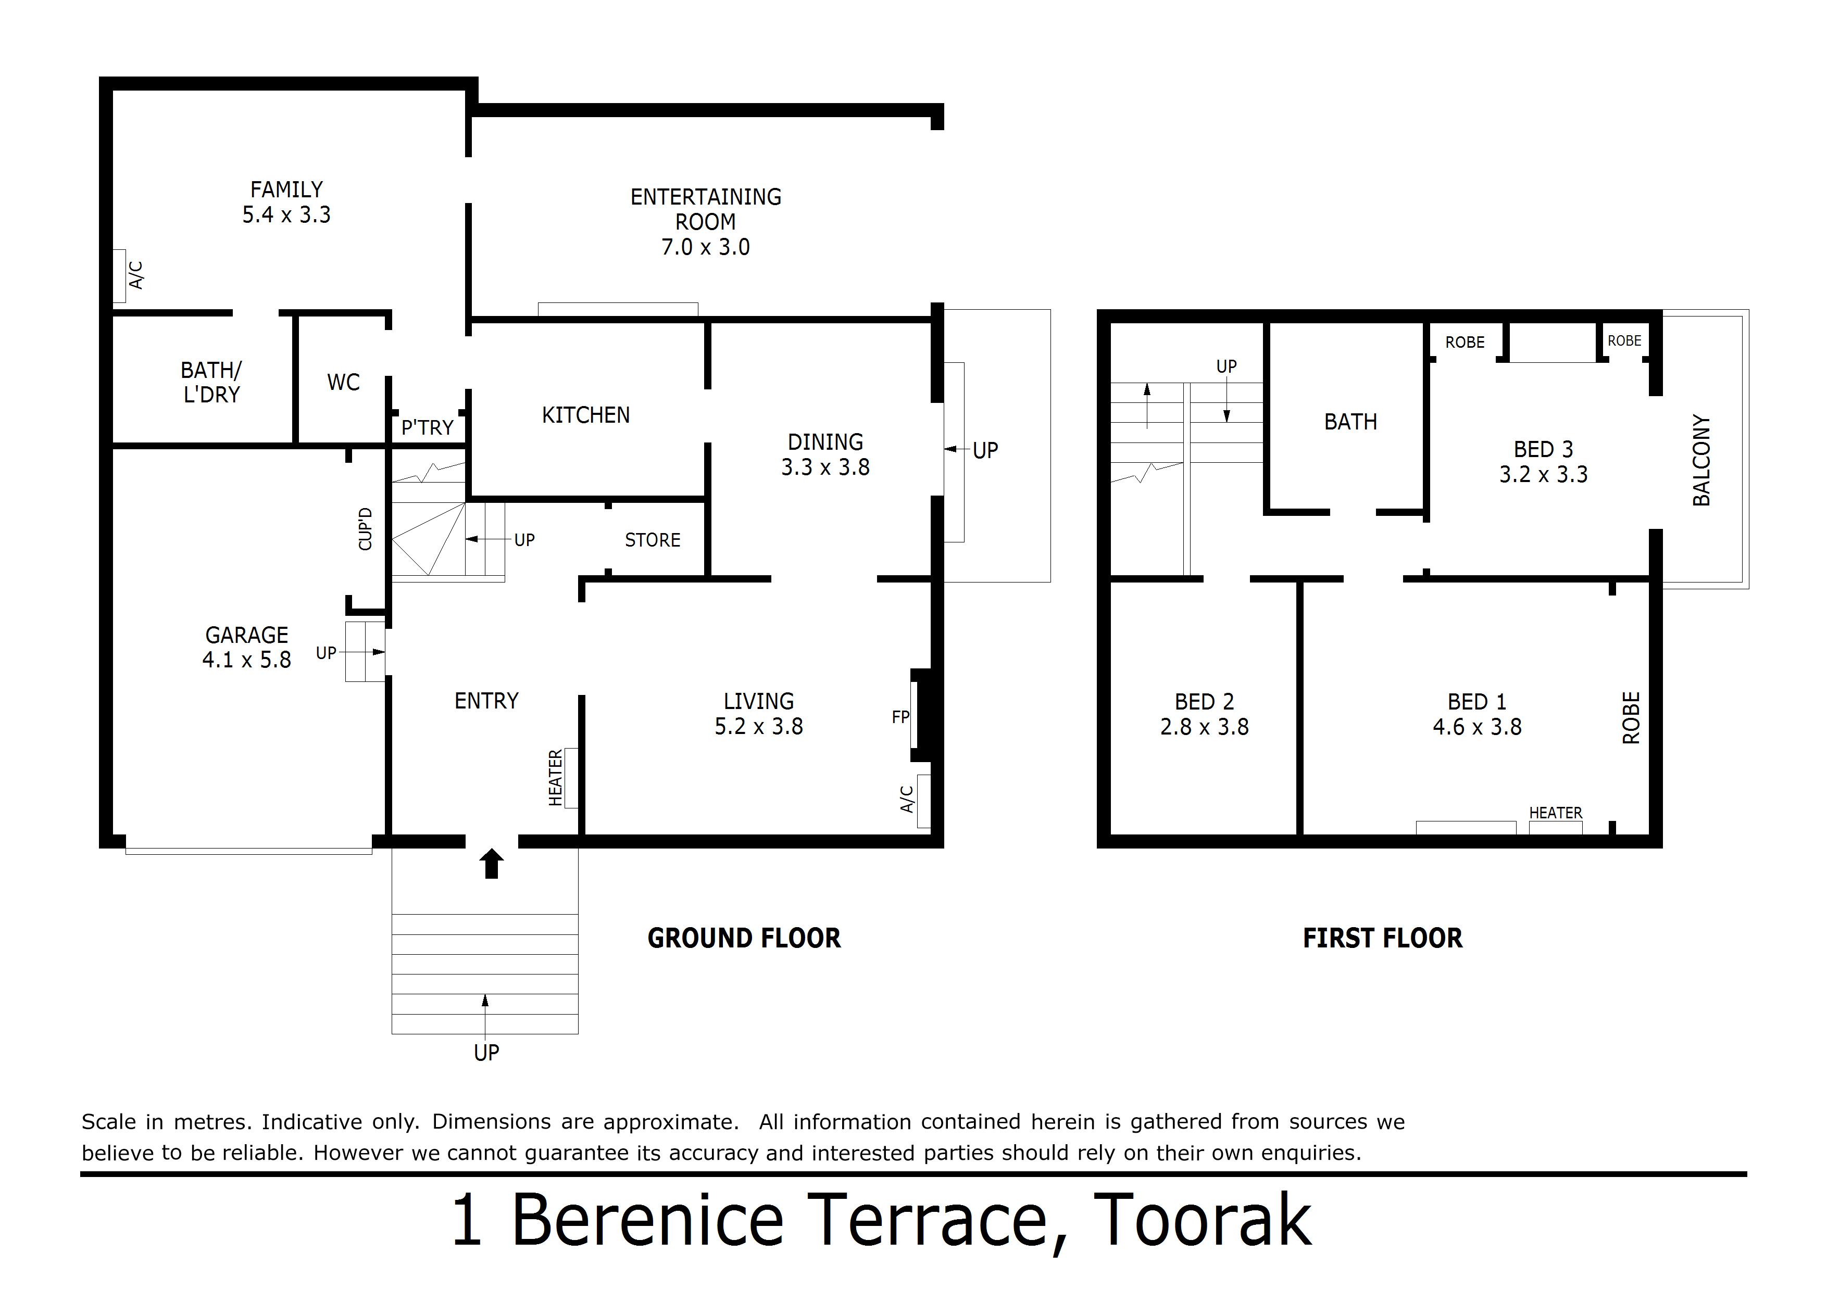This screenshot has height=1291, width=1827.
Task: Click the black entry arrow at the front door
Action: [492, 863]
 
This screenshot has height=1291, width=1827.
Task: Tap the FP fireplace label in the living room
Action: [900, 717]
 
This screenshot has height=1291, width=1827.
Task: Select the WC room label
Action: [343, 383]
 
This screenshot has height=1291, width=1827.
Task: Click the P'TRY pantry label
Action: [427, 428]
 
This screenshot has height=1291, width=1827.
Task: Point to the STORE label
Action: [653, 540]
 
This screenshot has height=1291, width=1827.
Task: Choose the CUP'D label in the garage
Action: [365, 529]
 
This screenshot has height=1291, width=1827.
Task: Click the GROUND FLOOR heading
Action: [744, 939]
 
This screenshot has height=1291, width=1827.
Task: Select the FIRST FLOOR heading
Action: [1382, 939]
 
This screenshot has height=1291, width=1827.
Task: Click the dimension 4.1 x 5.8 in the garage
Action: [247, 660]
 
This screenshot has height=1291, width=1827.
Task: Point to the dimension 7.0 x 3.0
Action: [706, 247]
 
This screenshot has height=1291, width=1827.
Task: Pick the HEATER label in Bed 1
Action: [1556, 813]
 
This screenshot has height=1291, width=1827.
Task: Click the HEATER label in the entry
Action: [555, 777]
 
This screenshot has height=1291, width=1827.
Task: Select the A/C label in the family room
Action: [136, 275]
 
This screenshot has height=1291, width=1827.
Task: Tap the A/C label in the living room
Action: [906, 800]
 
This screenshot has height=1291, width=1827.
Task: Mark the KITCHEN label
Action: [586, 415]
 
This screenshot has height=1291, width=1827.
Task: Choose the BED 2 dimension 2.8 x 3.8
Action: [1204, 727]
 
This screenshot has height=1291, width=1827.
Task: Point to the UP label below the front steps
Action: [486, 1053]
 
